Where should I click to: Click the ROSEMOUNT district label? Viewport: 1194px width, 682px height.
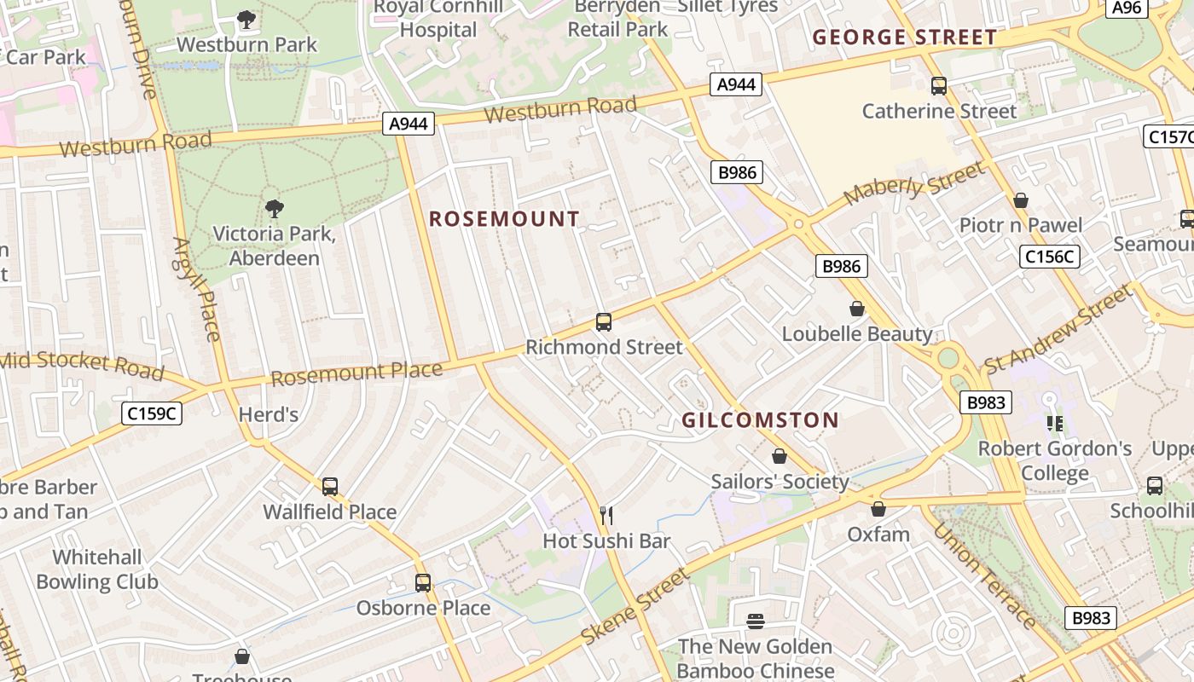click(504, 219)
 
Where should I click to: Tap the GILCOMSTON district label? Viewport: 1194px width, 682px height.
click(761, 419)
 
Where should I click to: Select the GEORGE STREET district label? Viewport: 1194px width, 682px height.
click(904, 38)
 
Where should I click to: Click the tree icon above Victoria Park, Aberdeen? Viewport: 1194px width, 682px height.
click(274, 208)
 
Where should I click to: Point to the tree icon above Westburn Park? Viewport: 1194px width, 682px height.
click(246, 19)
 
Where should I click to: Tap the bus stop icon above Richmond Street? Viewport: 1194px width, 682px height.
click(604, 322)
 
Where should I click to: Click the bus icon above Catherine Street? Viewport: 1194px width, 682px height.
click(939, 85)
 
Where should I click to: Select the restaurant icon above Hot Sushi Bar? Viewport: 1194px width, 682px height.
click(606, 515)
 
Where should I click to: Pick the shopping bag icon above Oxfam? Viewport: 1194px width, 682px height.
click(878, 509)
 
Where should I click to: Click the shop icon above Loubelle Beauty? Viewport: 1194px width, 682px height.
click(857, 309)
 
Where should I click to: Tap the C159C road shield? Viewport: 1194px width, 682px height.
click(153, 413)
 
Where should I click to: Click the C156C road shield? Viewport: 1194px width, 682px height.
click(1049, 256)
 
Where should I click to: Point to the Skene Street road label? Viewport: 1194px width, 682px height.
click(635, 607)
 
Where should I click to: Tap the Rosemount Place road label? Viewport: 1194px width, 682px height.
click(356, 373)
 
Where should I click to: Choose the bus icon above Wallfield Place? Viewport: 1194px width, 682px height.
click(330, 487)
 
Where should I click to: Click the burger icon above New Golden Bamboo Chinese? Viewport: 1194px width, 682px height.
click(756, 621)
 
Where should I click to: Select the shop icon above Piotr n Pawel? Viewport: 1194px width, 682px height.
click(1020, 200)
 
